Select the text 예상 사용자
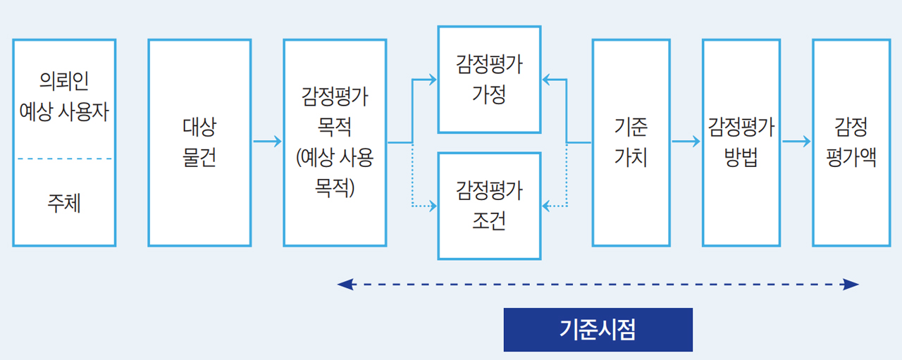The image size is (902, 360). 64,111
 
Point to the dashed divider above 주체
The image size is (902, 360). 64,159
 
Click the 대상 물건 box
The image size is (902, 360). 199,142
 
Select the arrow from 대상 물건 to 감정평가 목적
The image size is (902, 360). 267,142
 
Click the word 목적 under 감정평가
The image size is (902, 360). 335,128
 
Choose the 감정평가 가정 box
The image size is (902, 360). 489,80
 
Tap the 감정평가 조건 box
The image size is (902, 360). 489,206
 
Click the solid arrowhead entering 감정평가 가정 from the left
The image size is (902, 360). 433,80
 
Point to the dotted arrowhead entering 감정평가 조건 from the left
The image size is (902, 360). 433,206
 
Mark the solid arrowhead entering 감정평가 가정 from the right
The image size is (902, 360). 546,80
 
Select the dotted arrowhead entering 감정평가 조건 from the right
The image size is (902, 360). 546,206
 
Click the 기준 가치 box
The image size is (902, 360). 631,142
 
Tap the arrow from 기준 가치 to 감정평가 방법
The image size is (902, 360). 686,142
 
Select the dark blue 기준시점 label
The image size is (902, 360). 598,330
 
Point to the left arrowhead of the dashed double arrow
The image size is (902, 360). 344,285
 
